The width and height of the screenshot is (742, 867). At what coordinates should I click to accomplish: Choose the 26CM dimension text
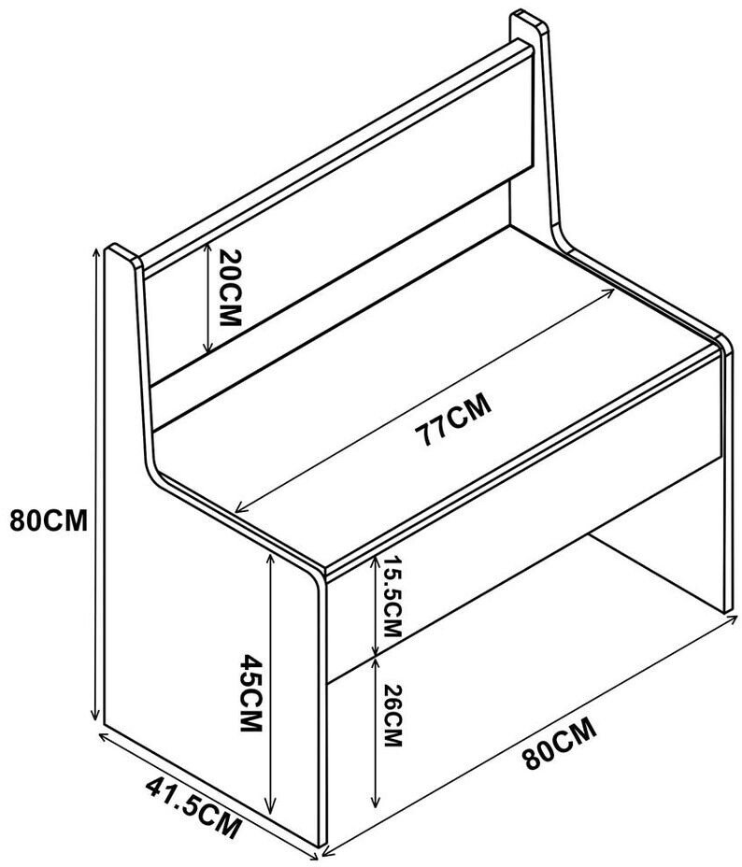(x=392, y=716)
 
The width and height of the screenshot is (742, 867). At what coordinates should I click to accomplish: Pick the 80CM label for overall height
(x=49, y=520)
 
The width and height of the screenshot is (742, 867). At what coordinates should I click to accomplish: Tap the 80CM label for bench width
(x=559, y=743)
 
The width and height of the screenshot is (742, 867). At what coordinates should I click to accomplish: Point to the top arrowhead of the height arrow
(x=96, y=252)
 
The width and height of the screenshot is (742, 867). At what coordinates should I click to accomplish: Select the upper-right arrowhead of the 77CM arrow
(x=612, y=289)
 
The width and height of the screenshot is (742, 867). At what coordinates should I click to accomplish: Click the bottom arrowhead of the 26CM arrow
(x=376, y=804)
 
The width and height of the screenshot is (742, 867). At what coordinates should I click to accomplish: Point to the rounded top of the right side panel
(x=527, y=19)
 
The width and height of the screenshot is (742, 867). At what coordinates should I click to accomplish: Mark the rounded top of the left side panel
(x=119, y=250)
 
